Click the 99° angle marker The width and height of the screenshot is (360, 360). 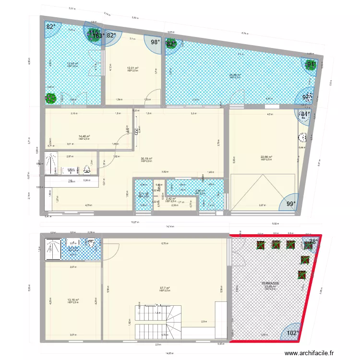291,204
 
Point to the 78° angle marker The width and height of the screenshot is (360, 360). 313,242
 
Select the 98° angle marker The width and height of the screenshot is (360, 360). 156,43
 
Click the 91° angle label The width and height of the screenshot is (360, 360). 312,64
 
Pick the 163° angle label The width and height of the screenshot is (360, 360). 98,36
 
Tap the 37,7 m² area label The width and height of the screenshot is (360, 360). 165,288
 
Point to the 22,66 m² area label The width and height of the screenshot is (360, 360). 266,157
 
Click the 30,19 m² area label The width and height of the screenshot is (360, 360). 146,159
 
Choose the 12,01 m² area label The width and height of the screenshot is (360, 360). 132,68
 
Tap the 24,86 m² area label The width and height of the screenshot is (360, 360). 235,75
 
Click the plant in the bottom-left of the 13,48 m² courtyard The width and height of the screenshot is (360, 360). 50,98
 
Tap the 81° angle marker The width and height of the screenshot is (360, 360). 304,114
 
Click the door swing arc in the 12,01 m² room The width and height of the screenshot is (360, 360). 152,95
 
